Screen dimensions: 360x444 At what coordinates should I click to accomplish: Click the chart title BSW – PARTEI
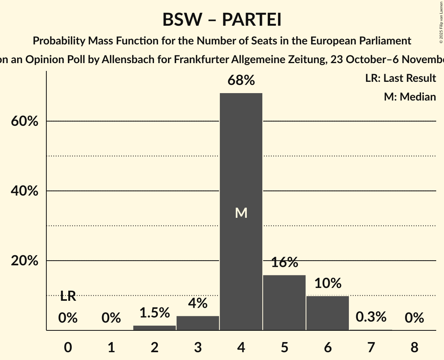click(x=222, y=20)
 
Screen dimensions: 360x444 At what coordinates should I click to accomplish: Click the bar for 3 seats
click(x=198, y=323)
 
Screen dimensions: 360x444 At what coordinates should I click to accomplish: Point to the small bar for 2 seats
click(x=154, y=328)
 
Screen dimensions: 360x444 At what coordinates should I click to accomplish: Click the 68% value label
click(x=241, y=81)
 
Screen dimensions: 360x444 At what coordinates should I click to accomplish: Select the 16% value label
click(x=284, y=263)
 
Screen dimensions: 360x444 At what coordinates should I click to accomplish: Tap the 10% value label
click(x=327, y=283)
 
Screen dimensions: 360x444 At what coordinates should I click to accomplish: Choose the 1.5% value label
click(x=154, y=312)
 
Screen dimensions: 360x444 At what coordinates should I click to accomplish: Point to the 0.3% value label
click(x=371, y=317)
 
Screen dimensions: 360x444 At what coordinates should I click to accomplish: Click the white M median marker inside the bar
click(x=241, y=213)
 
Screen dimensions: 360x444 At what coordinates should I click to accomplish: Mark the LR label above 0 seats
click(x=68, y=296)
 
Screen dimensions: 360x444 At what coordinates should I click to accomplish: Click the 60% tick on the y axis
click(x=24, y=121)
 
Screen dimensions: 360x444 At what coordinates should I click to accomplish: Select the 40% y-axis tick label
click(x=24, y=191)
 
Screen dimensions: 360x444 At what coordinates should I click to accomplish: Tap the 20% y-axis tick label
click(x=24, y=261)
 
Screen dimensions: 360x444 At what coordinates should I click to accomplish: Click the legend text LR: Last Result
click(x=400, y=78)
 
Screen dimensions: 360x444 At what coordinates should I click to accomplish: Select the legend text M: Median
click(x=410, y=97)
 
